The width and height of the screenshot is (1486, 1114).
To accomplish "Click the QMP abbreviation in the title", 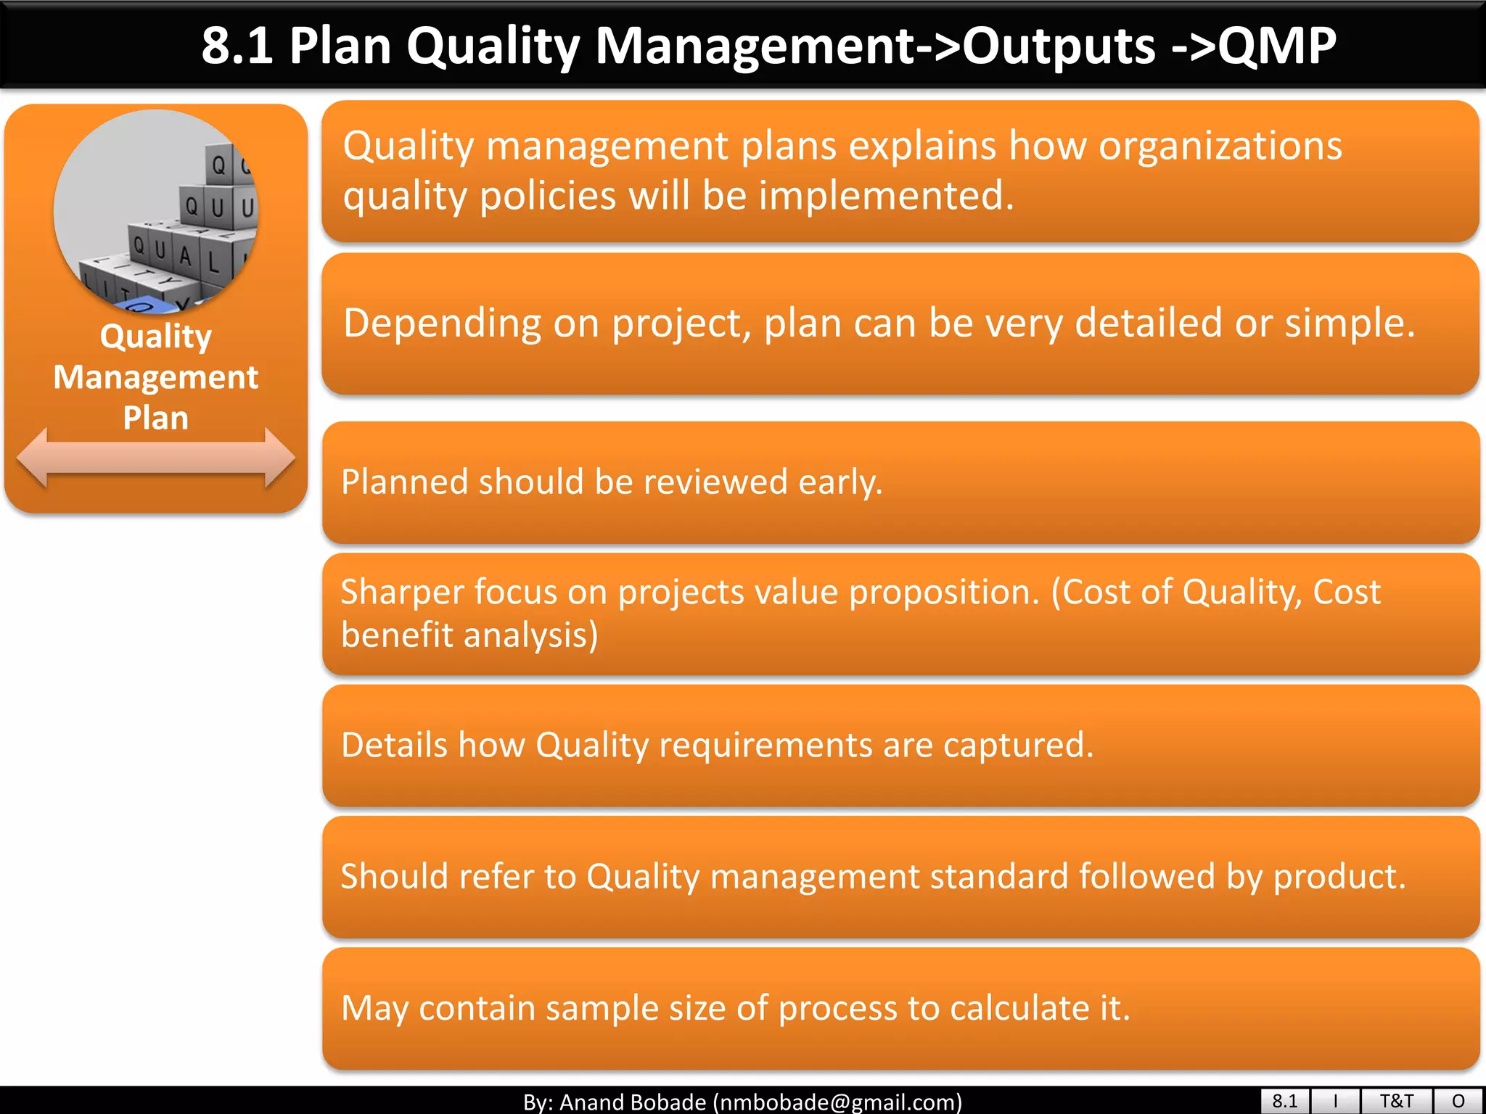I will [1277, 45].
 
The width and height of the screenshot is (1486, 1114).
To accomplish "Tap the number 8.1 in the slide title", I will [237, 45].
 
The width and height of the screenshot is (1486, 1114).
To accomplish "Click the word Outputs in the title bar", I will [1058, 45].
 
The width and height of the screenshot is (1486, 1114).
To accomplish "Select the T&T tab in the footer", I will [1396, 1101].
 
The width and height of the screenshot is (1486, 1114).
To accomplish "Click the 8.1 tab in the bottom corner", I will [1284, 1101].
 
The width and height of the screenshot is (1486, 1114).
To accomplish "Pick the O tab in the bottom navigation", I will [1458, 1101].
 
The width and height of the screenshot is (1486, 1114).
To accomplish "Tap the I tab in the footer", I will [1335, 1101].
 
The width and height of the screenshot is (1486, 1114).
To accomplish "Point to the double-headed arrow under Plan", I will [155, 457].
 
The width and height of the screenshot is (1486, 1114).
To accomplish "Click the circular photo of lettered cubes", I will [155, 212].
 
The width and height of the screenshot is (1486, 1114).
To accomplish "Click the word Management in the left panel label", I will [155, 377].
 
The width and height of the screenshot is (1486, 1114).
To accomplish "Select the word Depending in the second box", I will [442, 323].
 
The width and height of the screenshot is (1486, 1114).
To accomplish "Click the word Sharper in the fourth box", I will [401, 592].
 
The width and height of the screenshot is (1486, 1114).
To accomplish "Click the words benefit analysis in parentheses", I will [468, 635].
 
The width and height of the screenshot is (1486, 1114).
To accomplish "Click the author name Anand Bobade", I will [633, 1102].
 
